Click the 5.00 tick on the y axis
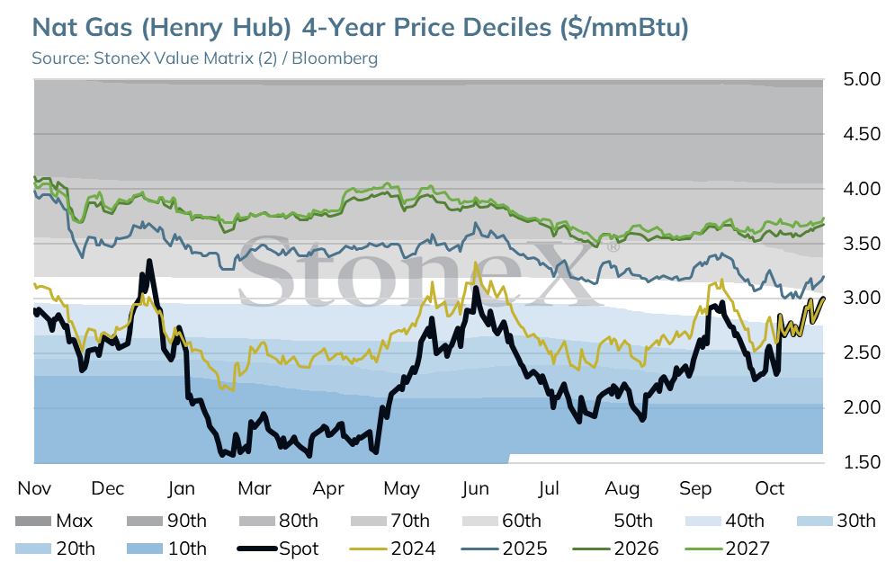coord(862,79)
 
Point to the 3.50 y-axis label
coord(862,244)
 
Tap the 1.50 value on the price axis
coord(862,462)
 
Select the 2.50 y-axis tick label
coord(862,352)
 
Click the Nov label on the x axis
coord(34,488)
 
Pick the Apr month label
coord(328,489)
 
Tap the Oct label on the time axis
coord(769,488)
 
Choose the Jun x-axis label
coord(475,488)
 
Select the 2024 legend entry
coord(392,549)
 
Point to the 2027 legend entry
coord(727,549)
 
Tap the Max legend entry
coord(54,521)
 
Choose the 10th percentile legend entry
coord(166,549)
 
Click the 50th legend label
coord(633,521)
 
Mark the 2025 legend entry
coord(504,549)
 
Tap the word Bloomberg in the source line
coord(335,58)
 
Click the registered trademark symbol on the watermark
coord(612,247)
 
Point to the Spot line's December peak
coord(149,261)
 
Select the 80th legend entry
coord(278,521)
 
